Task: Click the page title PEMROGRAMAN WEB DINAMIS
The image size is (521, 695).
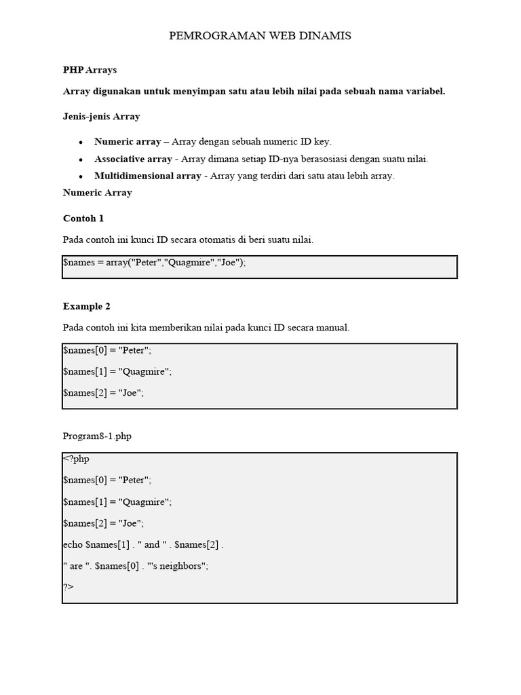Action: point(260,36)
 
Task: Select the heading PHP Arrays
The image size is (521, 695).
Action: point(90,70)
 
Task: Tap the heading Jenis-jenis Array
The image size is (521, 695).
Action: point(101,116)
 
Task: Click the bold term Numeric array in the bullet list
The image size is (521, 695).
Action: point(127,142)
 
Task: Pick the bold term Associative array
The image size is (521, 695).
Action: point(133,159)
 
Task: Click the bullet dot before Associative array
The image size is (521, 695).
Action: point(81,159)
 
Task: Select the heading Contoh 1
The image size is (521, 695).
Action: point(83,219)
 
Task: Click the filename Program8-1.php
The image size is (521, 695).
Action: point(97,436)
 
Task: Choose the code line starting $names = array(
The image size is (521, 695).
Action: point(154,263)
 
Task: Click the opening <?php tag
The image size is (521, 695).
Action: point(76,459)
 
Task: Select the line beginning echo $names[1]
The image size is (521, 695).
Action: point(143,544)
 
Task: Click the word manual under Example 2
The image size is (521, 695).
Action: point(332,327)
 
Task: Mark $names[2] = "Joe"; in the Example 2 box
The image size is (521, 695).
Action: point(103,392)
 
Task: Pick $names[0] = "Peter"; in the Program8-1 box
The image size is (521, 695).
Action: point(107,480)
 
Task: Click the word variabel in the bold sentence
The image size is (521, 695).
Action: point(426,92)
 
